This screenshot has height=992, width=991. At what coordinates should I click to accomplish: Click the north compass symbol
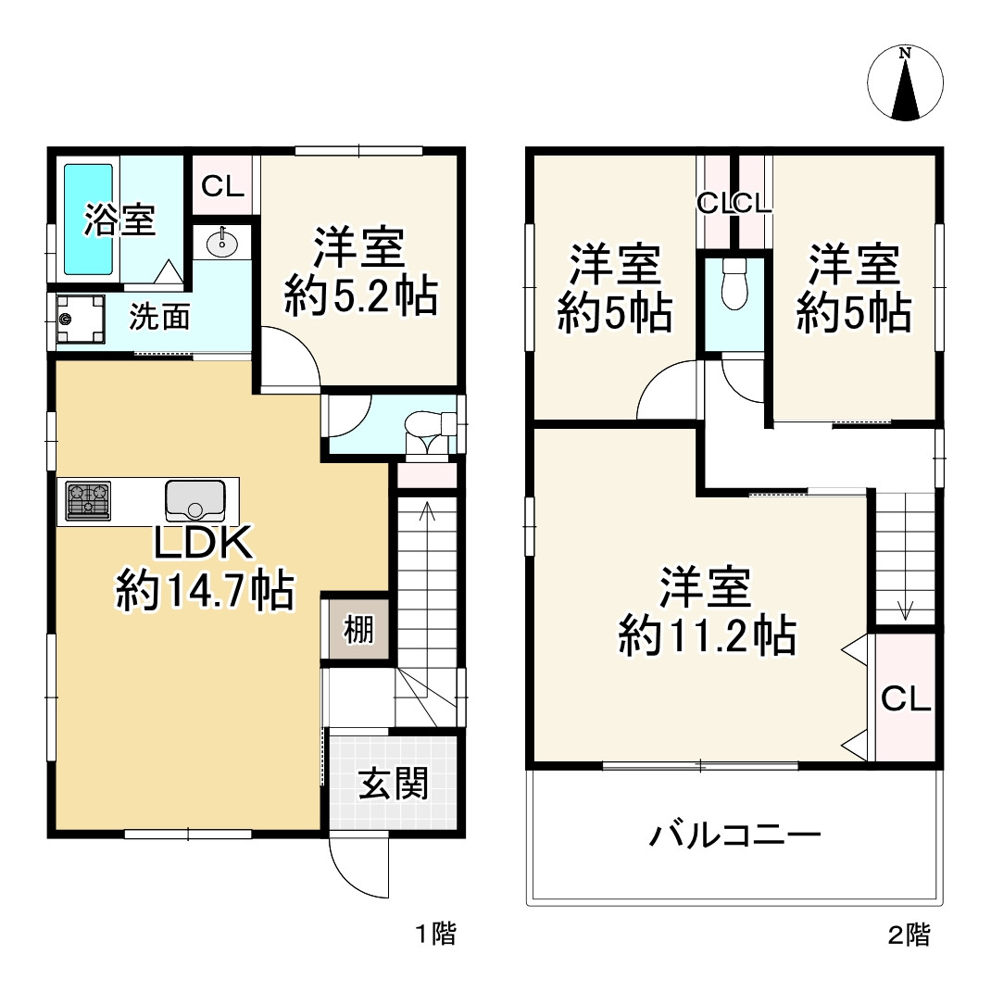(x=906, y=83)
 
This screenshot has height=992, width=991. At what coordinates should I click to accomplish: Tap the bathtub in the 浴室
(x=87, y=220)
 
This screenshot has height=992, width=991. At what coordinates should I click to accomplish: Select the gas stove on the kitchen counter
(x=88, y=500)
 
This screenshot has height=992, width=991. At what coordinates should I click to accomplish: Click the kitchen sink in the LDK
(x=194, y=501)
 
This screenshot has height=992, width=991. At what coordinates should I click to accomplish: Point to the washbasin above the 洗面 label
(x=222, y=244)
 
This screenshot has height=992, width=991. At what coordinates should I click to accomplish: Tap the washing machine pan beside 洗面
(x=80, y=320)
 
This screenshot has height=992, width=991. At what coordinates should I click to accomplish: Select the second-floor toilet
(x=734, y=283)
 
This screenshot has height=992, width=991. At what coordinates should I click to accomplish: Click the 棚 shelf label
(x=359, y=631)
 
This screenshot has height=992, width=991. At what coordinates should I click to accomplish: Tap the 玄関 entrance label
(x=394, y=785)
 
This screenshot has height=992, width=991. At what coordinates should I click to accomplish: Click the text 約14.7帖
(x=206, y=590)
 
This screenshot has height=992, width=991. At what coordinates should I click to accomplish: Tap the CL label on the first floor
(x=223, y=187)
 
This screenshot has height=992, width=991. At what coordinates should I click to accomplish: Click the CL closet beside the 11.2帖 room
(x=905, y=699)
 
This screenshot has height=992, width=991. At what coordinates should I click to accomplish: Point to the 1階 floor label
(x=434, y=934)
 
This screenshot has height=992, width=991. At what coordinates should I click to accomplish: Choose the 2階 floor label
(x=909, y=934)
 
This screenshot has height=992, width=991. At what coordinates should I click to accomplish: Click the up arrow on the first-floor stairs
(x=427, y=512)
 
